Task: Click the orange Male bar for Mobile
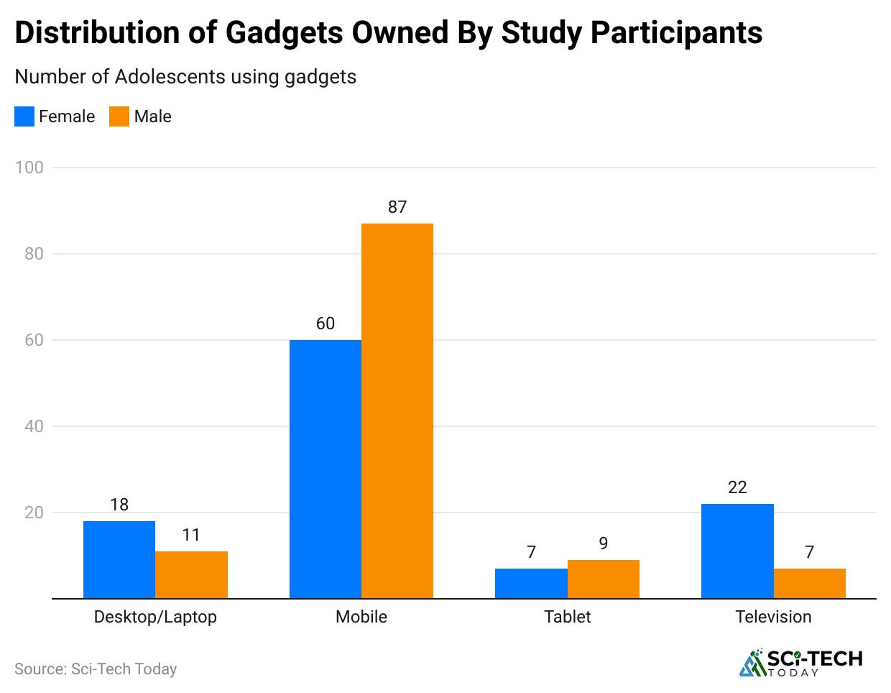[397, 410]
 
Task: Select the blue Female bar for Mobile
[325, 469]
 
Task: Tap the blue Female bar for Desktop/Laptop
[119, 559]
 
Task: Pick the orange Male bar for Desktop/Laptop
[191, 574]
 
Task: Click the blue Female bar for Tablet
[531, 583]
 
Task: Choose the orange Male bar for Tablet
[603, 579]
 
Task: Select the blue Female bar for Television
[737, 551]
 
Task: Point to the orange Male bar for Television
[809, 583]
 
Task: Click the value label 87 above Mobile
[397, 207]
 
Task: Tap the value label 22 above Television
[737, 487]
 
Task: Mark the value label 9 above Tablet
[603, 543]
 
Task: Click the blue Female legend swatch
[24, 116]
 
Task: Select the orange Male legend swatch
[119, 116]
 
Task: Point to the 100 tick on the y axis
[29, 167]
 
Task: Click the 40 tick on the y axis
[34, 426]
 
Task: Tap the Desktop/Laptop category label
[155, 617]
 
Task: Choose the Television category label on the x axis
[773, 617]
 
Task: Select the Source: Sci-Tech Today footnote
[96, 669]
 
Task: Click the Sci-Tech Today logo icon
[752, 663]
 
